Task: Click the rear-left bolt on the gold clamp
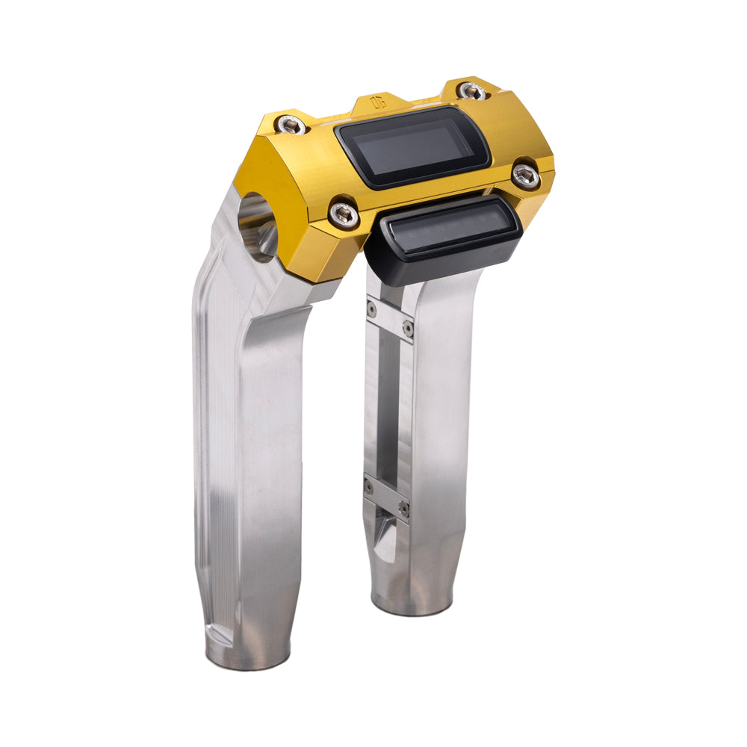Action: tap(291, 125)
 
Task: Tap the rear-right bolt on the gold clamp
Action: tap(472, 91)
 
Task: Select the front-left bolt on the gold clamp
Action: tap(344, 214)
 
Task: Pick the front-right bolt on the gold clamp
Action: tap(526, 176)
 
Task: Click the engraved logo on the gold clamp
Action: tap(379, 102)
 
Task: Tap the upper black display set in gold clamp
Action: tap(412, 146)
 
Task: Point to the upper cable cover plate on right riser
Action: tap(389, 318)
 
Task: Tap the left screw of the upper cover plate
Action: tap(371, 309)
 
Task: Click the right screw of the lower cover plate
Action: tap(404, 508)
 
